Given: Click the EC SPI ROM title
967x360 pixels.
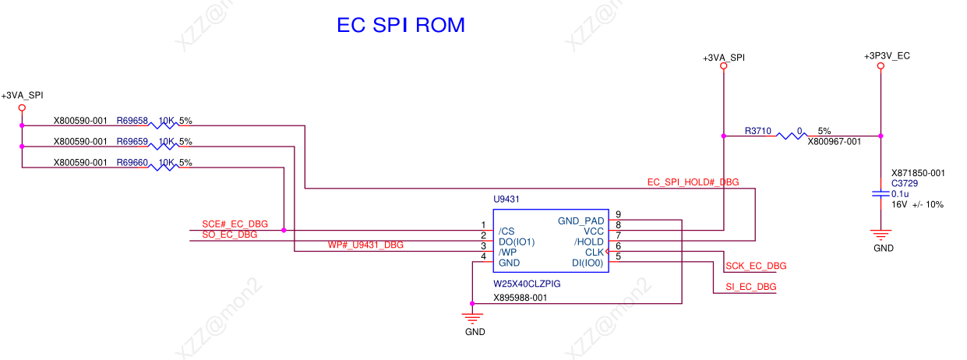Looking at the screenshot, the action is (401, 25).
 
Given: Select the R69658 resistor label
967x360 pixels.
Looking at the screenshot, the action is (132, 121).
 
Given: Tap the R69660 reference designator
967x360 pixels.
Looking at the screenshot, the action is (132, 162).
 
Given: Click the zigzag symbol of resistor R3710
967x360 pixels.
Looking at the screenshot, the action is (792, 136).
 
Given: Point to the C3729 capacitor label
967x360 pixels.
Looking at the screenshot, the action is (905, 183).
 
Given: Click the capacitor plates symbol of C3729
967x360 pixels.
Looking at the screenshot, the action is (881, 194).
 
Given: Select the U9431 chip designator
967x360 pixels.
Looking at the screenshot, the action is (506, 199).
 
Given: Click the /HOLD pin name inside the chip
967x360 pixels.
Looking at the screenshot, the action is (589, 242).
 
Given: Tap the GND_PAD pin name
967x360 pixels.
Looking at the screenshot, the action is (581, 221).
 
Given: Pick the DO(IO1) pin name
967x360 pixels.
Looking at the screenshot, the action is (517, 242).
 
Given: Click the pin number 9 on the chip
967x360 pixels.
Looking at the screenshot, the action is (618, 214).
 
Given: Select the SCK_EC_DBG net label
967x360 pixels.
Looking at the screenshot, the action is (756, 266).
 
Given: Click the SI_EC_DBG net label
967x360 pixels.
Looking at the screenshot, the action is (750, 287).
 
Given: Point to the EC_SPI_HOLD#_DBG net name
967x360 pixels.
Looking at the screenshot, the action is (693, 182).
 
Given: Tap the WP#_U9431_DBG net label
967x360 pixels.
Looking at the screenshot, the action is (365, 245).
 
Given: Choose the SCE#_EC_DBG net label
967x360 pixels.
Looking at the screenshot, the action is (235, 224).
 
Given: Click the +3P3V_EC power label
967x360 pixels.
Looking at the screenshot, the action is (887, 55).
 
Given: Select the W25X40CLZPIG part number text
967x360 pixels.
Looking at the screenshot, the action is (527, 284).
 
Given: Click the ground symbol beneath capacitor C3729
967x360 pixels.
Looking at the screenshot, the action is (881, 235).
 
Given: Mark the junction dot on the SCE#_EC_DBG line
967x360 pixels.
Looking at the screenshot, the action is (284, 231).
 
